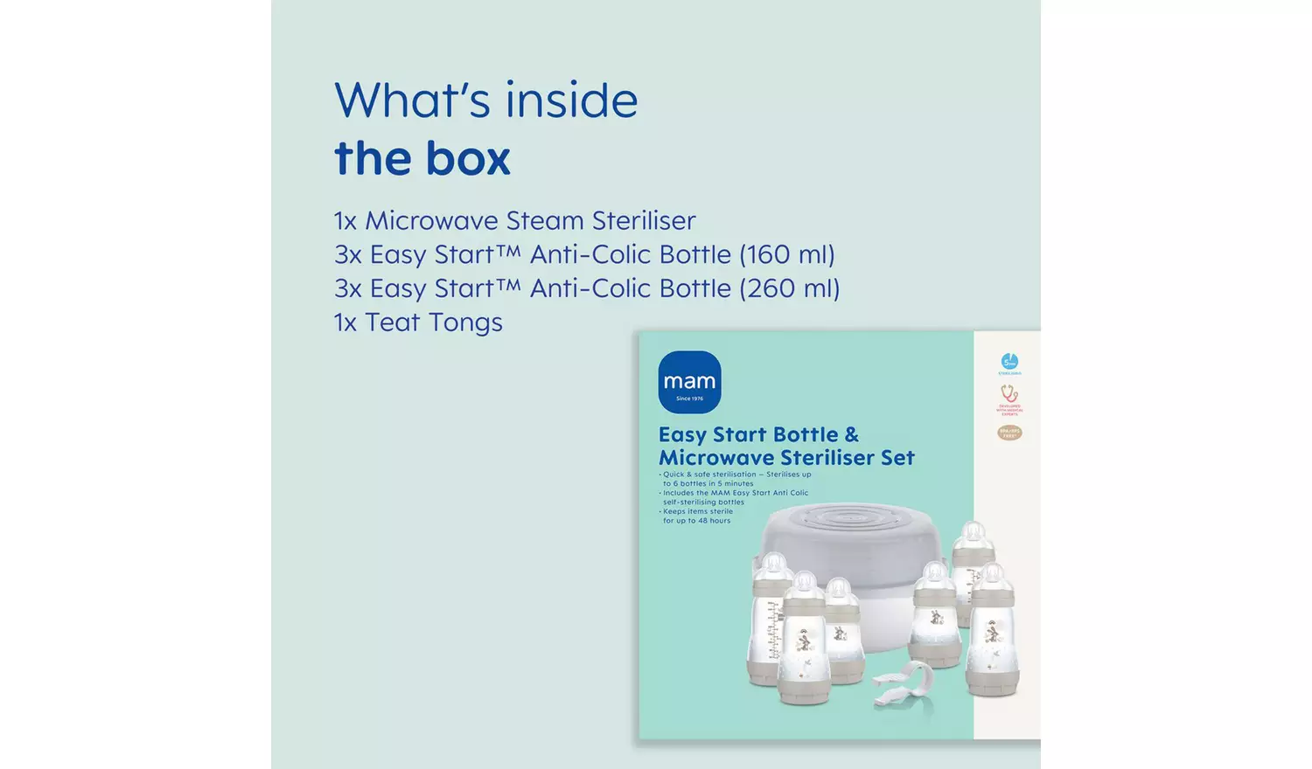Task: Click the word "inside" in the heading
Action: tap(571, 100)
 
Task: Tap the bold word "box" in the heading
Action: tap(468, 158)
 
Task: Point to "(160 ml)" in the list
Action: tap(787, 254)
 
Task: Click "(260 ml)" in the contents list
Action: tap(790, 288)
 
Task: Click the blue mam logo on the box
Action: tap(689, 381)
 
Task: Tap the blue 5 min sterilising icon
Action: tap(1009, 362)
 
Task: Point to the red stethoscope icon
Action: tap(1009, 394)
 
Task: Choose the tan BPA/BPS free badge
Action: tap(1009, 433)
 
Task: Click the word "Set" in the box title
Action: tap(897, 458)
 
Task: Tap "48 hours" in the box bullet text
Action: tap(714, 521)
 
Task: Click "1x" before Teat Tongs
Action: tap(345, 322)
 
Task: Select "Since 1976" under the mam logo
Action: tap(689, 398)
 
